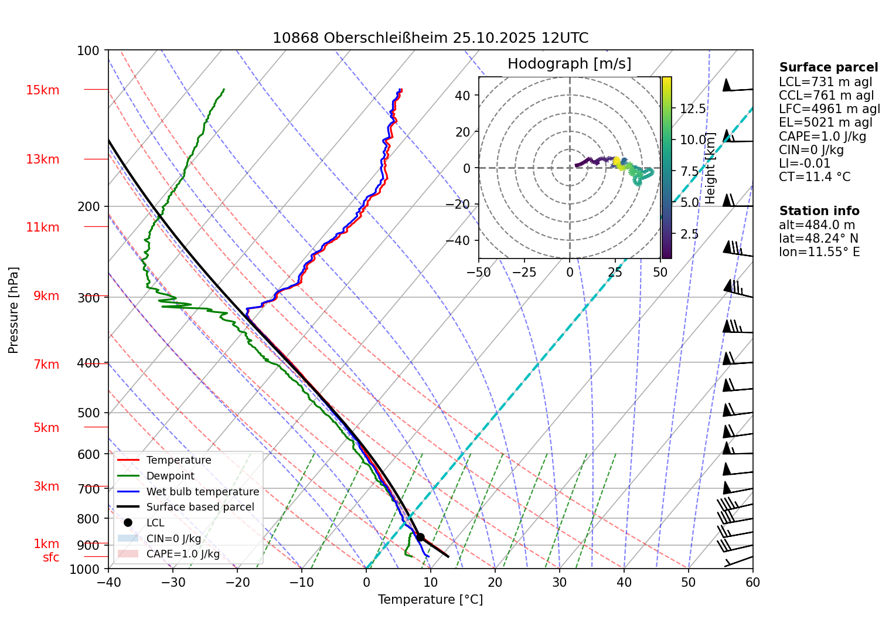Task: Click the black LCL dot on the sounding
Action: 420,537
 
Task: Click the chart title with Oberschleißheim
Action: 430,38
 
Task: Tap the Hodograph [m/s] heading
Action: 569,64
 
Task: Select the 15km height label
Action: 42,90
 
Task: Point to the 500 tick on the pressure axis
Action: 88,413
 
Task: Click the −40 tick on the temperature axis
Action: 108,582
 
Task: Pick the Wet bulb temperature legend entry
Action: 202,492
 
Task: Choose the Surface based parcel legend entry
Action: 200,507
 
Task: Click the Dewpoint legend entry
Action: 170,476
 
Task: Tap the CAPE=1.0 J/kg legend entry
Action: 183,554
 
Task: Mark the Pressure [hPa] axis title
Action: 13,310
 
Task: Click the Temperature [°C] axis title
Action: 430,600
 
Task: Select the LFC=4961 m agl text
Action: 829,109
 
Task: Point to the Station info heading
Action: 819,211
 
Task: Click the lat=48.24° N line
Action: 818,239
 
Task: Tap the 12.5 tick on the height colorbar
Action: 693,109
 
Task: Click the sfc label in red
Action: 51,557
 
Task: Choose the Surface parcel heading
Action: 828,67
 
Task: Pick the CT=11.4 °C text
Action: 814,177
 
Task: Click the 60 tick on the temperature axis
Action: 752,582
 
